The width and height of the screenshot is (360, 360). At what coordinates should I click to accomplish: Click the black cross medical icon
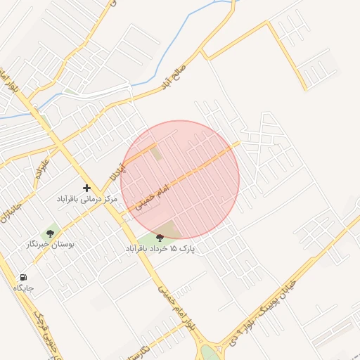pyautogui.click(x=86, y=188)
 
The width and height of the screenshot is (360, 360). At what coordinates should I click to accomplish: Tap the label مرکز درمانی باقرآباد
pyautogui.click(x=86, y=200)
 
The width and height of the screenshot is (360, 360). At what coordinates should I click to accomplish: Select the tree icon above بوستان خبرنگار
pyautogui.click(x=50, y=233)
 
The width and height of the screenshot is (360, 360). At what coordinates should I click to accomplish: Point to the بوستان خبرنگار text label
pyautogui.click(x=50, y=245)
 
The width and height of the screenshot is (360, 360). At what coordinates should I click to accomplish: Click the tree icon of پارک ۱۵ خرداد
pyautogui.click(x=160, y=238)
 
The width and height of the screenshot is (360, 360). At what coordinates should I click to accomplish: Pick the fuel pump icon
pyautogui.click(x=25, y=277)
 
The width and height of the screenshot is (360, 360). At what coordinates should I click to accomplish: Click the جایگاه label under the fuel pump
pyautogui.click(x=23, y=288)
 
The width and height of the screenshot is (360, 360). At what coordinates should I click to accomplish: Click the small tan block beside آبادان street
pyautogui.click(x=155, y=152)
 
